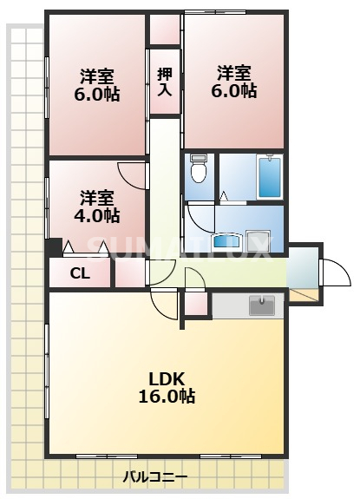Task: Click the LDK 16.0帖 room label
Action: (x=167, y=387)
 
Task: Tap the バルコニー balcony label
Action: (x=155, y=477)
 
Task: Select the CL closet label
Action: (x=80, y=273)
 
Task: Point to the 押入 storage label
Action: (x=165, y=82)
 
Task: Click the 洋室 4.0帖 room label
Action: (x=97, y=207)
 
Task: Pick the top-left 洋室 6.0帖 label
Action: (x=97, y=85)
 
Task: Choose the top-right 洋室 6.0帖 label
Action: (x=234, y=82)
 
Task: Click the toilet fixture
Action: (x=199, y=168)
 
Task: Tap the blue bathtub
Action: (x=270, y=178)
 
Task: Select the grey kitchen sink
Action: (x=262, y=305)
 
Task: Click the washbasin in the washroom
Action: (x=227, y=241)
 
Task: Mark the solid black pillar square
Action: (x=54, y=246)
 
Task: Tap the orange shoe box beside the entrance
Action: (x=303, y=295)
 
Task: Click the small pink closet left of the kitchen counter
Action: (x=196, y=304)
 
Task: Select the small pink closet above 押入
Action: (x=165, y=30)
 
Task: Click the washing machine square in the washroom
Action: (x=259, y=240)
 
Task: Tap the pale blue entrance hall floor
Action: (x=303, y=266)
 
